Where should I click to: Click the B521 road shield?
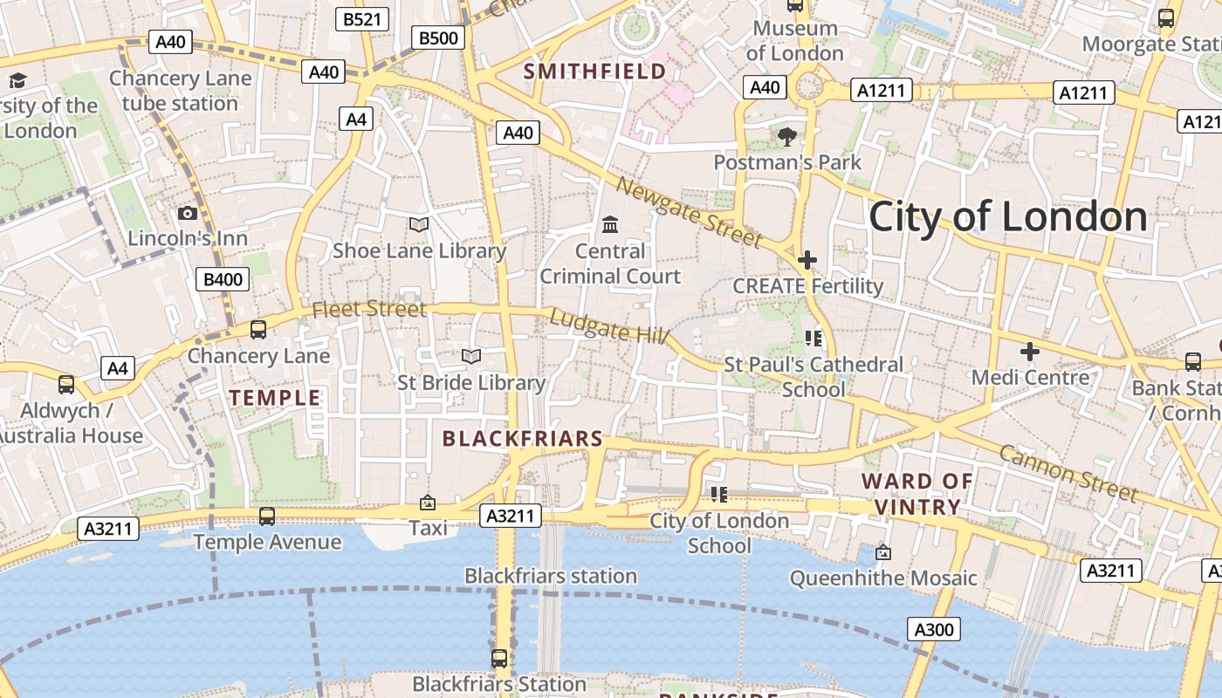point(361,18)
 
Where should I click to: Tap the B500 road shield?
point(437,38)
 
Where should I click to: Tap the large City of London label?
point(1007,216)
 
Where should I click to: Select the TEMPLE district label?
point(275,398)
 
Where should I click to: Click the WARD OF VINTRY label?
point(917,494)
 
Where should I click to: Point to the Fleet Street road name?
point(369,309)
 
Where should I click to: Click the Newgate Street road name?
point(690,211)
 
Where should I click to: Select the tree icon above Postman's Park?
point(787,136)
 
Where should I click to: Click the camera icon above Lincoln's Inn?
point(187,213)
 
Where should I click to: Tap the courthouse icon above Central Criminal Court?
point(610,225)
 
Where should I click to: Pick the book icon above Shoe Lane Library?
point(419,224)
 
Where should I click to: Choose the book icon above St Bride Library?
point(471,356)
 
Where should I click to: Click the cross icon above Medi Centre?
point(1030,352)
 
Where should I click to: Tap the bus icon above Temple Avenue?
point(267,516)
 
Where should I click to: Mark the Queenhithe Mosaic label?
point(883,578)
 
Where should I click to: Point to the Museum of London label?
point(794,40)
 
